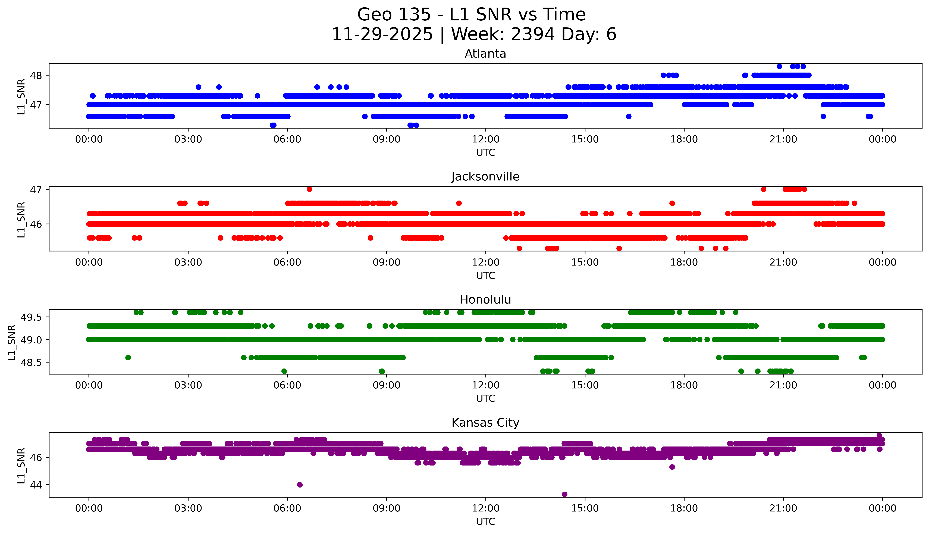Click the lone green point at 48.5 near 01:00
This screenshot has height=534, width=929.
point(128,358)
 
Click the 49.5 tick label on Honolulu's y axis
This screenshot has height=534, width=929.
point(31,317)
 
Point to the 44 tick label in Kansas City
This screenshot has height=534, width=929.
point(36,485)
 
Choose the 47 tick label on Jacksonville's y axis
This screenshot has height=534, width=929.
point(36,190)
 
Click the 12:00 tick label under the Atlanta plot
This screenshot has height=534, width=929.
point(485,139)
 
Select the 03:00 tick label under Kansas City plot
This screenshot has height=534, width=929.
point(188,508)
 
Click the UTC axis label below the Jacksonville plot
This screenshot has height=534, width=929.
point(485,275)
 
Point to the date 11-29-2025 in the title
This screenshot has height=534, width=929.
point(382,35)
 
